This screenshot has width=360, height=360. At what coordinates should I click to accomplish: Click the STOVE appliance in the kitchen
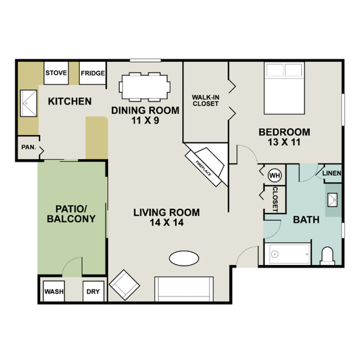(x=56, y=73)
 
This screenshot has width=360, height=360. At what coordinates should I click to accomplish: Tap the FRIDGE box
(x=93, y=73)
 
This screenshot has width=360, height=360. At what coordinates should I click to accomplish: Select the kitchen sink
(x=28, y=103)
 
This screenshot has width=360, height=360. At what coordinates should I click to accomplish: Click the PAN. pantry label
(x=29, y=147)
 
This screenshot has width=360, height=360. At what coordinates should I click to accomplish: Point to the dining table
(x=145, y=87)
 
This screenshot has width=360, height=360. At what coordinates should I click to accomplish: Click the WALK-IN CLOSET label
(x=206, y=100)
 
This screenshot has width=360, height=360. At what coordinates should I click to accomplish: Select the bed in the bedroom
(x=284, y=88)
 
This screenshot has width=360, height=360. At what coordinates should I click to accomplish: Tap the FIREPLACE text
(x=204, y=168)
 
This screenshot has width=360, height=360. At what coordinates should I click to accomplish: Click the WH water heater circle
(x=275, y=176)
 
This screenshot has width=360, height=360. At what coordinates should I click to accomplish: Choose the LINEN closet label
(x=332, y=173)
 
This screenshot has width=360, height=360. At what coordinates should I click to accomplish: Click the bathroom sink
(x=332, y=200)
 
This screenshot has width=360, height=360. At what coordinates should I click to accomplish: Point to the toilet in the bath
(x=327, y=256)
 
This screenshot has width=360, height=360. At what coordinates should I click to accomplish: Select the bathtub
(x=288, y=254)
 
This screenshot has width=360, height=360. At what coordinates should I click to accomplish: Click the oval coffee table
(x=184, y=258)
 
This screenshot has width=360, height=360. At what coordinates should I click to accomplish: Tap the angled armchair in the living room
(x=124, y=285)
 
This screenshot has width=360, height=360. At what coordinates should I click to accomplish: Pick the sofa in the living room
(x=184, y=289)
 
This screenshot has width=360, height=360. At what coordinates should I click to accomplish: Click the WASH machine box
(x=54, y=291)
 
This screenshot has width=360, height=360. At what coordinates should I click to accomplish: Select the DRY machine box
(x=93, y=291)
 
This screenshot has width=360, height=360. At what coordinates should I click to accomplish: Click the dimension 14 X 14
(x=167, y=223)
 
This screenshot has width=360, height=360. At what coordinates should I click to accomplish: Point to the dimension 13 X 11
(x=284, y=142)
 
